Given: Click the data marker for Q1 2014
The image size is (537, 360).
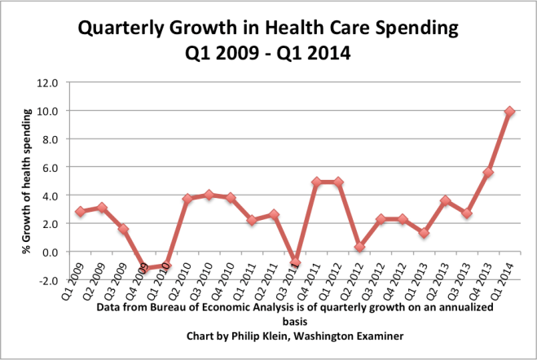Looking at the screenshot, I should tap(509, 112).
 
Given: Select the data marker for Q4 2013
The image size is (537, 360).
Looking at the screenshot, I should tap(487, 173).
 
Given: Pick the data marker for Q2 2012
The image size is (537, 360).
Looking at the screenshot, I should tap(359, 247).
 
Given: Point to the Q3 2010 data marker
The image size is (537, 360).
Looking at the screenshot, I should tap(209, 195).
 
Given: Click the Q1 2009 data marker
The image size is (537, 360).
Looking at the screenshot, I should tap(80, 212).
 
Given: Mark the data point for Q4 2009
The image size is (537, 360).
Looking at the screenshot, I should tap(144, 268).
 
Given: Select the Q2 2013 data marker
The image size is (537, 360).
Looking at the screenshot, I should tap(445, 200).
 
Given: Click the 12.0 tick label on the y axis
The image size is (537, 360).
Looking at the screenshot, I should tap(48, 82).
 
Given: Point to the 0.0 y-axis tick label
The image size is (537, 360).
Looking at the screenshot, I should tap(51, 252).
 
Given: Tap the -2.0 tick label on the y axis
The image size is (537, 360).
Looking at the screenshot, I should tap(49, 280).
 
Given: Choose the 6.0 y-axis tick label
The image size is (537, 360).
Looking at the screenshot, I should tap(51, 167).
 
